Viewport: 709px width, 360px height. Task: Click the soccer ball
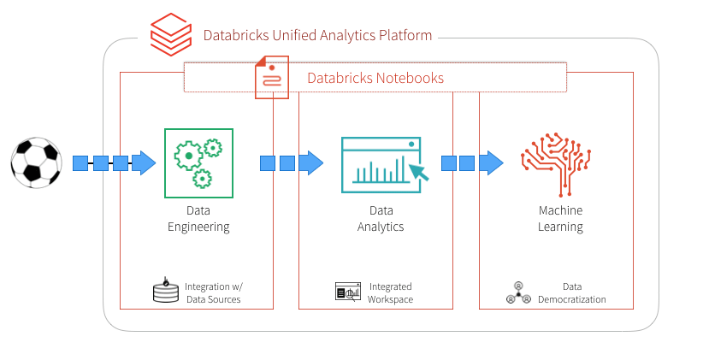click(37, 163)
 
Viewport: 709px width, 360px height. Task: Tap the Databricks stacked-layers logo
click(170, 34)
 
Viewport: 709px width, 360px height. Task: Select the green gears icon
click(198, 162)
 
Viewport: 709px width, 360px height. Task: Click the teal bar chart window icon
click(383, 163)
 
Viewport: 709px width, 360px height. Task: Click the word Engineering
click(198, 227)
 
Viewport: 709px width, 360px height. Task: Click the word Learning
click(560, 227)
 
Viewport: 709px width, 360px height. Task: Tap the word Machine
click(560, 211)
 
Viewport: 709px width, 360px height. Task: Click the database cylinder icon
click(162, 292)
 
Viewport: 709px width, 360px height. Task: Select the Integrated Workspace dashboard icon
click(348, 292)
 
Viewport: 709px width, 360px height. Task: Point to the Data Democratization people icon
click(518, 292)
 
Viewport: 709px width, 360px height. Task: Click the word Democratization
click(572, 300)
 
